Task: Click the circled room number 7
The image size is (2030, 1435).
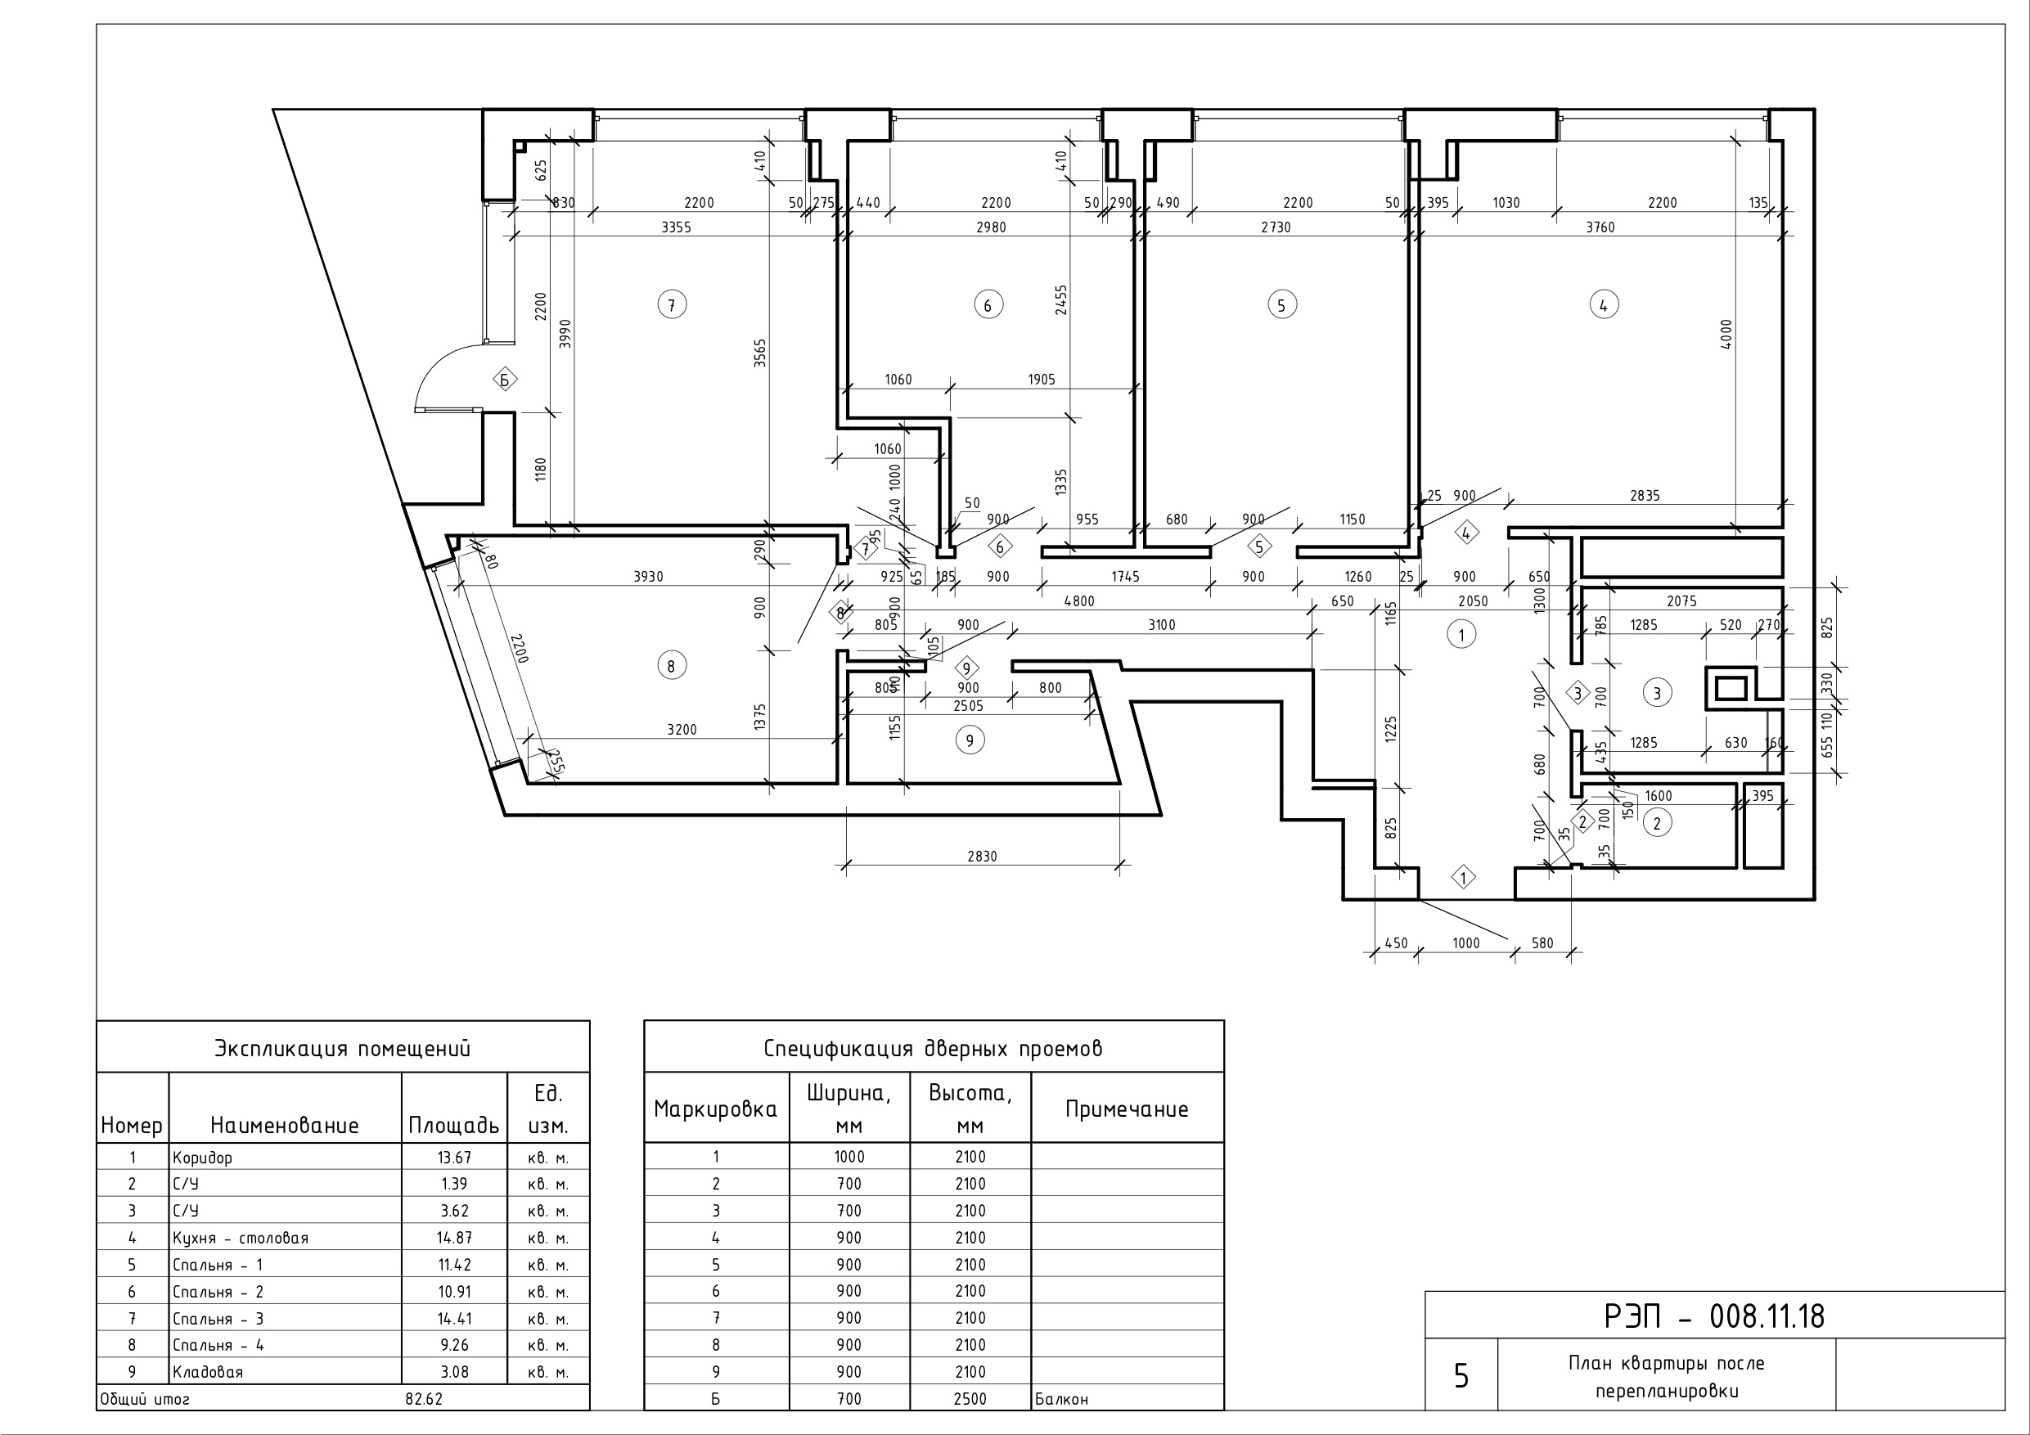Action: (672, 305)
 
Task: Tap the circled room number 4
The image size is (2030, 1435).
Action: (1604, 305)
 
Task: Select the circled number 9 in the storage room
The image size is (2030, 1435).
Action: (970, 740)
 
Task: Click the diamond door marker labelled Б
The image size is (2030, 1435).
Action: (505, 380)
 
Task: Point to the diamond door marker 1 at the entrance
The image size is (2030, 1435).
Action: (1464, 878)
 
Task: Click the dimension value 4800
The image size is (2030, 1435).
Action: (1078, 601)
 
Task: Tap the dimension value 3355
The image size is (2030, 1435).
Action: (677, 227)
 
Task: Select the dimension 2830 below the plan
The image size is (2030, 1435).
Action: (983, 856)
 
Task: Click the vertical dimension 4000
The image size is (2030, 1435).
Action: (1726, 335)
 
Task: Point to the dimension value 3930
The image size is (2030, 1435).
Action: (648, 577)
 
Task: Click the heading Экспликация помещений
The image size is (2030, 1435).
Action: (343, 1049)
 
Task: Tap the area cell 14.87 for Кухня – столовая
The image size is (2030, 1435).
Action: (454, 1238)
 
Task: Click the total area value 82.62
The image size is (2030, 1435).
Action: (425, 1399)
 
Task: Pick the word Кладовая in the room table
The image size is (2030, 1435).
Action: (208, 1372)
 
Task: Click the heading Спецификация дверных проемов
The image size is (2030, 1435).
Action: (934, 1049)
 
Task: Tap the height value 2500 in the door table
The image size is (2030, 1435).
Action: (970, 1399)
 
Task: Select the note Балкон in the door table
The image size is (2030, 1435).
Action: (1062, 1400)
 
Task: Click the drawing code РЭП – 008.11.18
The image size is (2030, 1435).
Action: (1714, 1316)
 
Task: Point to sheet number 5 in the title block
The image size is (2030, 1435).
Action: (1461, 1376)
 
